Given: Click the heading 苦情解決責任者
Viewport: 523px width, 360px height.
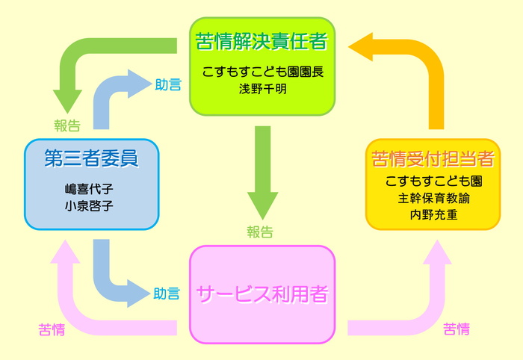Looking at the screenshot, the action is [261, 41].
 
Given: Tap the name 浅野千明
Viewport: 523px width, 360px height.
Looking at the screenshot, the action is [262, 89].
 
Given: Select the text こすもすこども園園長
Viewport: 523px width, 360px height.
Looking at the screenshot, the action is [262, 72].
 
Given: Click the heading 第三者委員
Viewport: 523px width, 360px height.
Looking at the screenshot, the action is [91, 158].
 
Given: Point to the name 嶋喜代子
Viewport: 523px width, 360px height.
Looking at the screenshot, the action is [89, 189].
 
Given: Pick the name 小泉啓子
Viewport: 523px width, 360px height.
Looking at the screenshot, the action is [89, 206].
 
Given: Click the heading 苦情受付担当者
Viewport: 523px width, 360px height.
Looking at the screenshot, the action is [433, 158].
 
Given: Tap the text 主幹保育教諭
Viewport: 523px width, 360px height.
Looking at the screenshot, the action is [433, 199].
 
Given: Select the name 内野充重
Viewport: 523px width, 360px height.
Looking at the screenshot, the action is [433, 214].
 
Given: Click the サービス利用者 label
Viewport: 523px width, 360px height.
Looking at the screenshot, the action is [262, 294].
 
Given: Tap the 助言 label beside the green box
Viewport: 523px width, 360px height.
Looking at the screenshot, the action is [168, 84].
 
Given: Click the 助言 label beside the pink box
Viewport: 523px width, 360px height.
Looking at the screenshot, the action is [167, 294].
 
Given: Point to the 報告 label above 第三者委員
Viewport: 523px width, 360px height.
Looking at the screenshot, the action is [67, 125].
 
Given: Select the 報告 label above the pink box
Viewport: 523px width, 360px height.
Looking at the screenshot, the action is [260, 232].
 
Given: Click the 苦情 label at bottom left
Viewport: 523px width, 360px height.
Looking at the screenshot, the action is [52, 329].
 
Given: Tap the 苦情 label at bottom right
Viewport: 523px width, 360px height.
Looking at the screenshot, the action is [457, 329].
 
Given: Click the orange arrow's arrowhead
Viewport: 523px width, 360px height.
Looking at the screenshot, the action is [361, 47].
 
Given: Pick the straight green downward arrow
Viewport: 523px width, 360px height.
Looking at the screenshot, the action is [262, 173].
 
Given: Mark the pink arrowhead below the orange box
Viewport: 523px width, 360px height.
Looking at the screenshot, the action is [437, 252].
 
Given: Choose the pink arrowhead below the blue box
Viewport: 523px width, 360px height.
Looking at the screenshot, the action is [65, 252].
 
